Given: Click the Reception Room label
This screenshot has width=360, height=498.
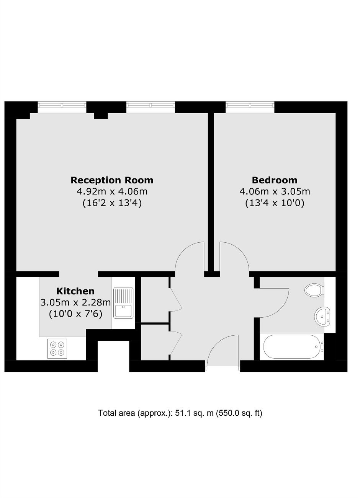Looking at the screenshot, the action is [112, 180].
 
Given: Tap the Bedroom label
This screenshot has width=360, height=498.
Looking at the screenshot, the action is [275, 180].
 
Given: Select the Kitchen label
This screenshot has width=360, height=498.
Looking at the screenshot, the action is [75, 291].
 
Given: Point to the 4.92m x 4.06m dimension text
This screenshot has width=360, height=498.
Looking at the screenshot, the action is [112, 191].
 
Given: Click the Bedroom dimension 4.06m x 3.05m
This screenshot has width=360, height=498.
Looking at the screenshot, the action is [275, 191].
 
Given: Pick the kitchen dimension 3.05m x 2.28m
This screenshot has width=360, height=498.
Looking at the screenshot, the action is [76, 302].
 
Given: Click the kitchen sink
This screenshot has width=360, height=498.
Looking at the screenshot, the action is [123, 303].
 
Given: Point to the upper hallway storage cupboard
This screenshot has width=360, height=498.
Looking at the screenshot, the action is [155, 300].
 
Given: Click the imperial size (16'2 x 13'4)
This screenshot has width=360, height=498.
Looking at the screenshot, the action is [112, 203].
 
